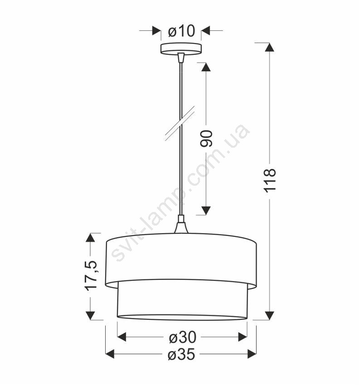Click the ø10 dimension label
tap(182, 31)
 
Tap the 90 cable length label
tap(206, 139)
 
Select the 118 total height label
tap(270, 180)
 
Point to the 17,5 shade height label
tap(91, 276)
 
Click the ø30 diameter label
tap(183, 337)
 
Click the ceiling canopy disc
tap(181, 48)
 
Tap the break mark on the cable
tap(180, 124)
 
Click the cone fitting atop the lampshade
tap(181, 224)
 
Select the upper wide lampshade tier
tap(181, 261)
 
